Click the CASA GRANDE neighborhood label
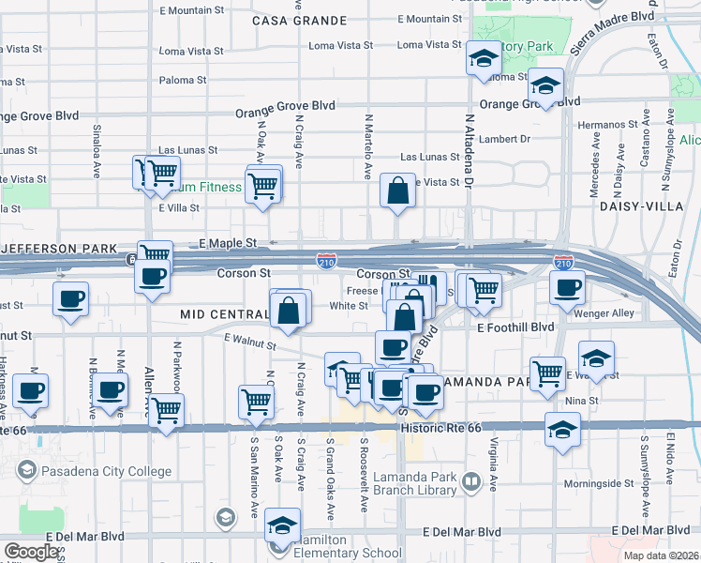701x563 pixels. [x=299, y=20]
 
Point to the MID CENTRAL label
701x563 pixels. [x=222, y=313]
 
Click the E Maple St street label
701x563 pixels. [x=228, y=243]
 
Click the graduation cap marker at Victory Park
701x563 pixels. [x=483, y=59]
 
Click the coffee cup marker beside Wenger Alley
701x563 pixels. [x=567, y=289]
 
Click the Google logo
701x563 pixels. [x=31, y=551]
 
